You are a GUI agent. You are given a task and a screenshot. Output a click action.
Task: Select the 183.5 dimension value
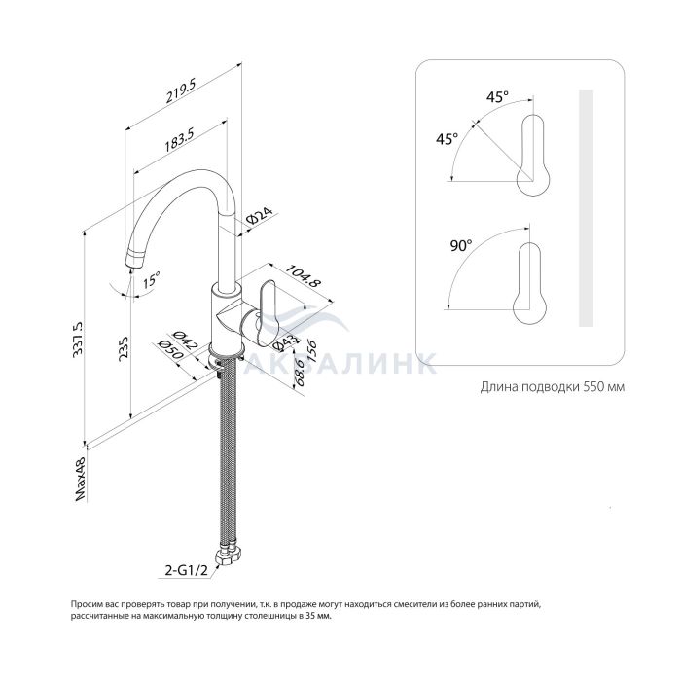point(178,142)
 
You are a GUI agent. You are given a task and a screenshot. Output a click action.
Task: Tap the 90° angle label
point(460,245)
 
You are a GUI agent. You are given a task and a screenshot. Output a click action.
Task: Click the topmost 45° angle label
point(497,97)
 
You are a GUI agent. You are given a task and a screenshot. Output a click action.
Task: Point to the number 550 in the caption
point(592,386)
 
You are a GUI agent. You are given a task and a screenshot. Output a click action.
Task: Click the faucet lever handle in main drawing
point(269,307)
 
